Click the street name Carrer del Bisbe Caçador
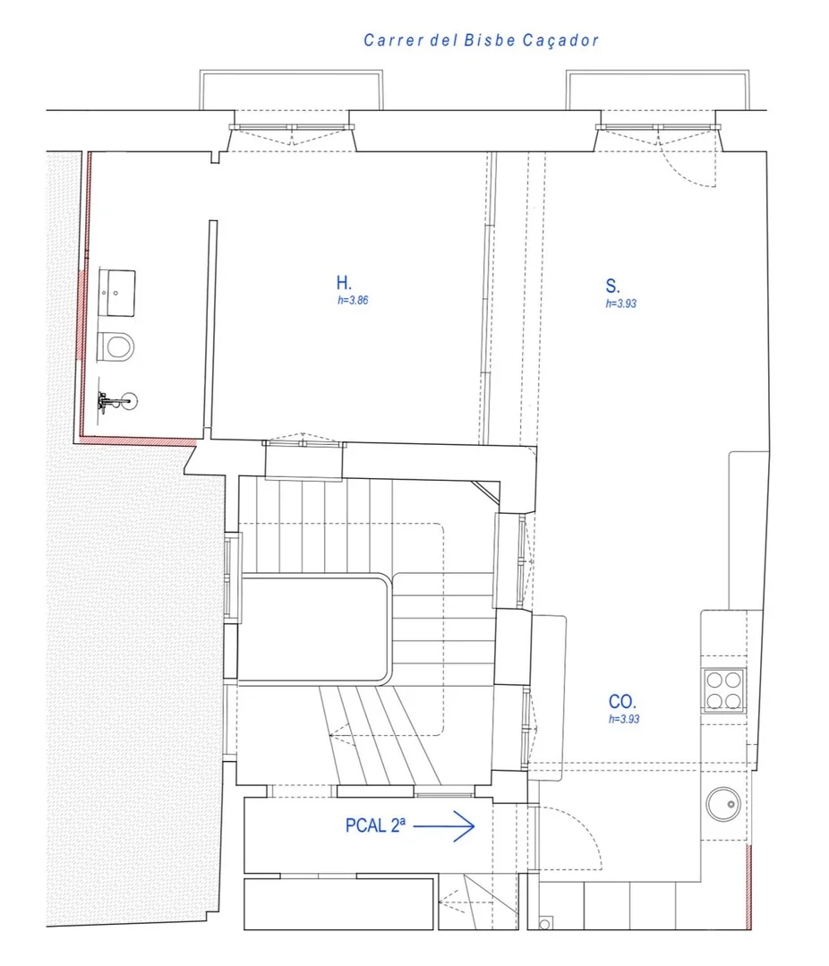481,40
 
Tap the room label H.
344,283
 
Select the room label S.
612,286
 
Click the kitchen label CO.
622,701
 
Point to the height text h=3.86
353,301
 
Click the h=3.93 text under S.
620,303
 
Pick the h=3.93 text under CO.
624,719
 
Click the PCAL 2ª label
375,825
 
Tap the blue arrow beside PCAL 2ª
443,826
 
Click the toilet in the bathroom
115,346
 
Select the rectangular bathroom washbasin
117,293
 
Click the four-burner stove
723,690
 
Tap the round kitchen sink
723,804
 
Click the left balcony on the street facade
291,90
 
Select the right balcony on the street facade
658,90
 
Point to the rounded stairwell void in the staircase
315,628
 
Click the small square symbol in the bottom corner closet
545,923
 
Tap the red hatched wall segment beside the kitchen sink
749,886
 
